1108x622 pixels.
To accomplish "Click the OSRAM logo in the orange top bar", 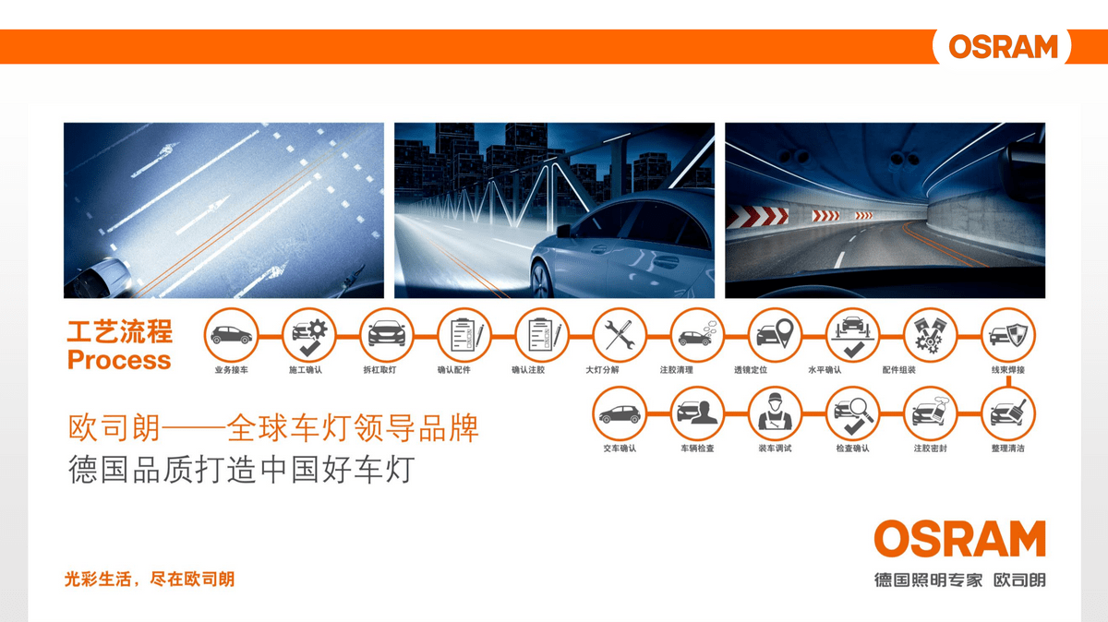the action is point(1003,46).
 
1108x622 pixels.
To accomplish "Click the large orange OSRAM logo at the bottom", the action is point(959,538).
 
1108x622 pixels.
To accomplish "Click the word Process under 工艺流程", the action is point(119,360).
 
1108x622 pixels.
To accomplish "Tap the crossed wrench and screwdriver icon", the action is point(620,335).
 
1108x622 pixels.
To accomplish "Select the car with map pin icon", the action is point(775,335).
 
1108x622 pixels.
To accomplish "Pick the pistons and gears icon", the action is point(930,335).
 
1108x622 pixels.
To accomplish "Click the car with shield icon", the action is point(1008,335).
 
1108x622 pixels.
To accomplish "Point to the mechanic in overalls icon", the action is point(775,413).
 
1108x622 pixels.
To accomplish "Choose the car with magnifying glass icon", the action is point(853,413).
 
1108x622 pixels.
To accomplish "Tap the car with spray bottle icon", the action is point(930,413).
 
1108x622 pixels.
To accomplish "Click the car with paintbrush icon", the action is point(1008,413).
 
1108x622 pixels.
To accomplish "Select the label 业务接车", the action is point(232,370).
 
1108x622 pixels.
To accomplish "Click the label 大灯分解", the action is point(602,370).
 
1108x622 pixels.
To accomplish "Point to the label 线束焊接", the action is point(1008,370).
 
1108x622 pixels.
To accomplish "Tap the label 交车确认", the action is point(620,449).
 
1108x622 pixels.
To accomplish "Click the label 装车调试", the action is point(775,449).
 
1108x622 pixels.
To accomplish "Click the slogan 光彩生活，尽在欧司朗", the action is point(150,579).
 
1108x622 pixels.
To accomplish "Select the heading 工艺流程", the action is point(120,331).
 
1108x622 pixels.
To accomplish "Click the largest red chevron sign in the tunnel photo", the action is point(757,216).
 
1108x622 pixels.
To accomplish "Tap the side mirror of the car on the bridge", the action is point(563,231).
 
